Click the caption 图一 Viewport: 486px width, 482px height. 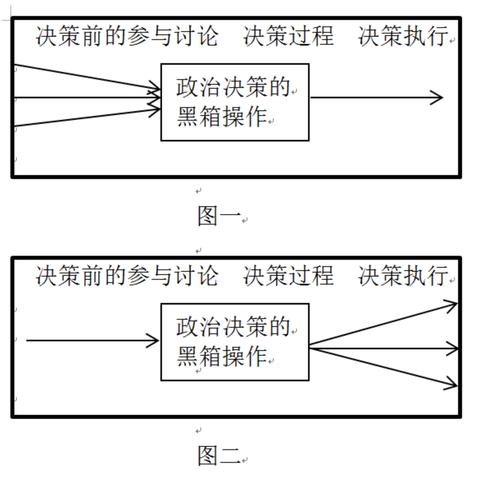219,215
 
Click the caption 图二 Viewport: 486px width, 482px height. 219,455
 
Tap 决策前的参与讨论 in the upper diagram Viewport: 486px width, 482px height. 127,36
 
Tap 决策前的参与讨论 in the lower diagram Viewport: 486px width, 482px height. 127,276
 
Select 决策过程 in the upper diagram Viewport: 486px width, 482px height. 288,36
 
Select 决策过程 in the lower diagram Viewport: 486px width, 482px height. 288,276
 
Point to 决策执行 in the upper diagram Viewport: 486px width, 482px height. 403,36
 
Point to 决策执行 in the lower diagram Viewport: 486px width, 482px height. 403,276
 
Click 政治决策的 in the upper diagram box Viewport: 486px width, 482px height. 233,87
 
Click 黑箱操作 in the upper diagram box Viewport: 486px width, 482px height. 221,117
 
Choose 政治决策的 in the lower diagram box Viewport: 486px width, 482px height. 233,327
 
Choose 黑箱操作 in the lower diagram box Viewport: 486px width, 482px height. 221,357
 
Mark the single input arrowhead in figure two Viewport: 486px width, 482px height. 154,341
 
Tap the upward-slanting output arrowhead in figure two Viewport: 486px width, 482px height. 452,306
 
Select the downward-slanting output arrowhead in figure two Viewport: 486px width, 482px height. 452,384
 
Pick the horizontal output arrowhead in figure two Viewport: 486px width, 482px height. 453,349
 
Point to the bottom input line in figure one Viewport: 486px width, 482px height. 80,119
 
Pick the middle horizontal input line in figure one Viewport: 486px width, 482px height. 80,97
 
